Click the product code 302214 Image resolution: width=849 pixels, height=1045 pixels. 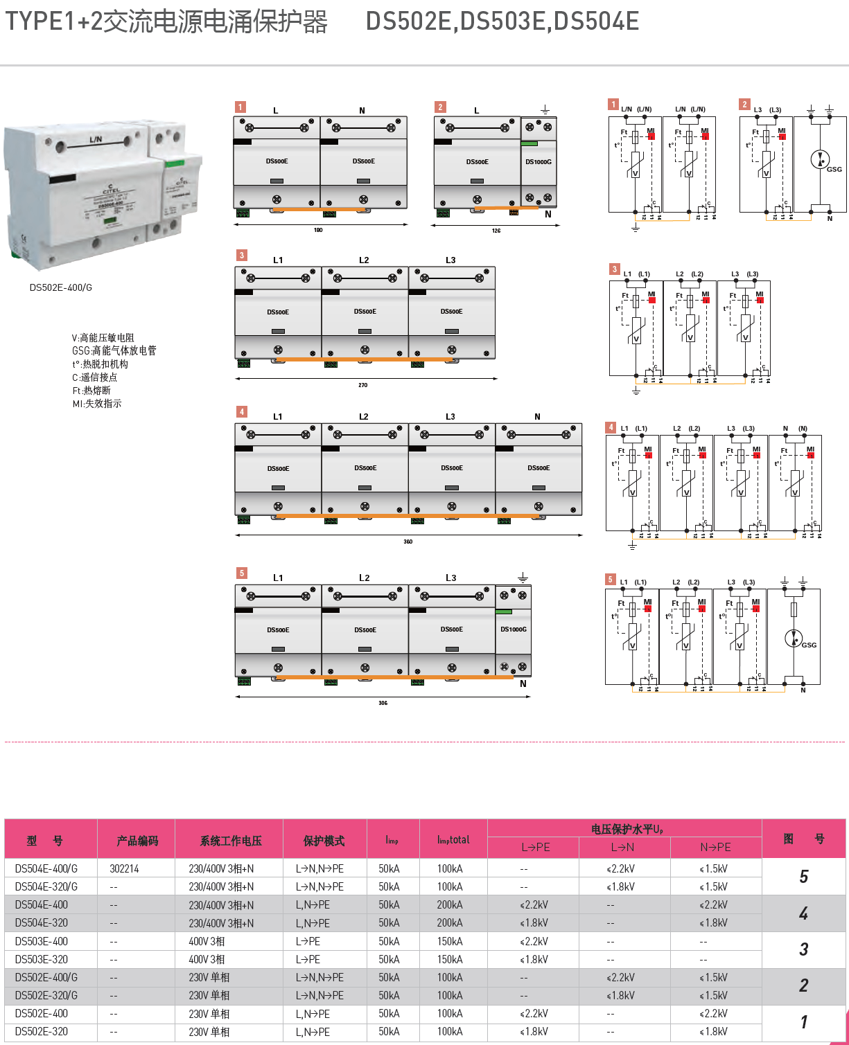tap(124, 868)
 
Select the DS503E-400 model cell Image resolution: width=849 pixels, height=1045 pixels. tap(42, 941)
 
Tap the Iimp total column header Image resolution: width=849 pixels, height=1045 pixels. tap(453, 839)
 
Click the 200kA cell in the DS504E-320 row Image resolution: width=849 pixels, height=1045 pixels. tap(450, 923)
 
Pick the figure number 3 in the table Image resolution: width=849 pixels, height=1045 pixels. tap(803, 949)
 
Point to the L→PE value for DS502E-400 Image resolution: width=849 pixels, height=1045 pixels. tap(534, 1014)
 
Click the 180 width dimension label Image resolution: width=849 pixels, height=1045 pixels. tap(318, 230)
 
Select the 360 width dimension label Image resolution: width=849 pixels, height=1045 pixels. tap(408, 542)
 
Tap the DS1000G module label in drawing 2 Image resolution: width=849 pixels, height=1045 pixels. tap(539, 162)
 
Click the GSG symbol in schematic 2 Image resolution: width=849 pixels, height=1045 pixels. tap(820, 159)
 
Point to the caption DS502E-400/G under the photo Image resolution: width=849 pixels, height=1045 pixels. tap(61, 287)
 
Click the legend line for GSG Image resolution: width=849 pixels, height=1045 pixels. tap(114, 350)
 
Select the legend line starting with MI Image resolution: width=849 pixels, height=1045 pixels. tap(97, 404)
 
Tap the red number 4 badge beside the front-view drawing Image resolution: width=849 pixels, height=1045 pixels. tap(241, 411)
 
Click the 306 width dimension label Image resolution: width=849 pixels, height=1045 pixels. tap(383, 703)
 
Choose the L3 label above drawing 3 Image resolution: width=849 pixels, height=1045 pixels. tap(450, 260)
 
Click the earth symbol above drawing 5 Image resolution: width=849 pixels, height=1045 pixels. tap(523, 577)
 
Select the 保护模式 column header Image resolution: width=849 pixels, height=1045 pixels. tap(324, 841)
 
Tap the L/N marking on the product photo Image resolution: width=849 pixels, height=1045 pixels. tap(96, 139)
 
